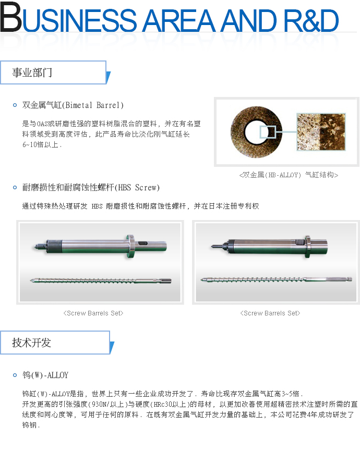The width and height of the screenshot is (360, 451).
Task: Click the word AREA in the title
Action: click(x=179, y=20)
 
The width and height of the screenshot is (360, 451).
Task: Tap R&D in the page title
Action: click(x=311, y=20)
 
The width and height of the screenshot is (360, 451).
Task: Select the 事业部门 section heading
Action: click(x=32, y=72)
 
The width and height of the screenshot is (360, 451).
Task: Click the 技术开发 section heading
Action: click(x=32, y=343)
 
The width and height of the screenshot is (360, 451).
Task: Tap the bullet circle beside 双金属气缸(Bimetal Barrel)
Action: click(x=15, y=105)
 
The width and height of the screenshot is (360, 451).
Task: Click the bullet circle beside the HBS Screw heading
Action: click(x=15, y=188)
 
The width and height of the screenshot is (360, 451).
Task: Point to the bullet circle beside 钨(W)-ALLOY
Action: click(x=15, y=375)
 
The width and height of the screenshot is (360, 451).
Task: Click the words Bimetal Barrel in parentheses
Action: click(x=93, y=105)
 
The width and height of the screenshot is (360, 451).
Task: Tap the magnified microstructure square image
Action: click(x=321, y=132)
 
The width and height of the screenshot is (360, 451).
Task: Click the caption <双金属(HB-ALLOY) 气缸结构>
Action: click(x=289, y=175)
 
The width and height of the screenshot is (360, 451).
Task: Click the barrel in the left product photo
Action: click(x=100, y=246)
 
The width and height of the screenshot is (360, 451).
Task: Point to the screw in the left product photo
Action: click(x=101, y=281)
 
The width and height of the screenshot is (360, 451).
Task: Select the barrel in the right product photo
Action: click(x=269, y=247)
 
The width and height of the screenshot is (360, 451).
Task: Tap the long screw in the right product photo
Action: click(x=276, y=279)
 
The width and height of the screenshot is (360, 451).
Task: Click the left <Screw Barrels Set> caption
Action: click(x=93, y=313)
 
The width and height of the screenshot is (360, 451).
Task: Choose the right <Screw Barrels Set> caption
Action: click(x=270, y=313)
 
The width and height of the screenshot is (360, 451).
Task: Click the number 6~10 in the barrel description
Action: click(x=29, y=144)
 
